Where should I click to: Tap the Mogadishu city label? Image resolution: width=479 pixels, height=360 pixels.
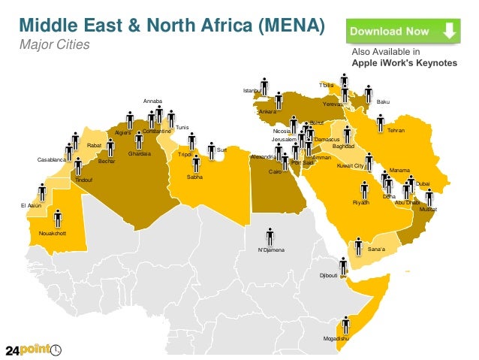coord(336,340)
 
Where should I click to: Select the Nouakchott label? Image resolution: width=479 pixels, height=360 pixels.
coord(53,234)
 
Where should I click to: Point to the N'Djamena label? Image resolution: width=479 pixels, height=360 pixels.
coord(271,249)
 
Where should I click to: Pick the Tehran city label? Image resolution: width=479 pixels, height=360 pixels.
coord(396,131)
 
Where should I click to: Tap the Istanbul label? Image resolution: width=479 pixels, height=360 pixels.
coord(252,91)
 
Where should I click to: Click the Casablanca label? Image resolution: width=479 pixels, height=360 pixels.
coord(51,160)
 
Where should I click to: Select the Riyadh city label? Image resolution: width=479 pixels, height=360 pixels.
coord(361,204)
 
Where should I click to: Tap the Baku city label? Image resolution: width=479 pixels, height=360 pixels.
coord(383,101)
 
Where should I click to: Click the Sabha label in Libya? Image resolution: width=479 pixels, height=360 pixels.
coord(194,177)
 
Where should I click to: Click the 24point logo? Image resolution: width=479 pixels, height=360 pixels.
coord(35,349)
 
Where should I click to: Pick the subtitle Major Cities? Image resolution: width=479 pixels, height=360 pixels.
coord(54,45)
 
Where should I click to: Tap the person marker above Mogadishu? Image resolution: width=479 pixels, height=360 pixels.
coord(345,325)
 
